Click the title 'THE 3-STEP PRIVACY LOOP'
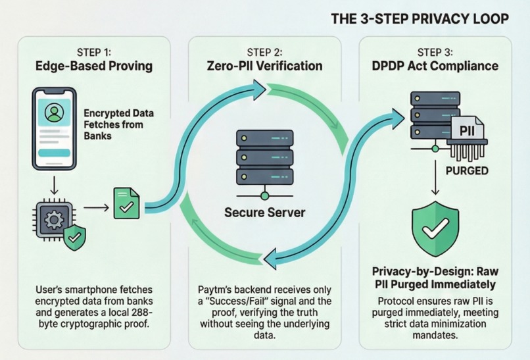point(420,18)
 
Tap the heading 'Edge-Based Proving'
point(94,66)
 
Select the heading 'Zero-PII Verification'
point(264,66)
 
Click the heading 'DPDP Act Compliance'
point(435,66)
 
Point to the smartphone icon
point(54,128)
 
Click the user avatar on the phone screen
point(54,113)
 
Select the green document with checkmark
point(126,203)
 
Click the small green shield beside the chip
point(75,238)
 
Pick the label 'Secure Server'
point(264,212)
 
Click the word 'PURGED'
point(467,170)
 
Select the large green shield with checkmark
point(435,229)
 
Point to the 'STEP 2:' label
point(264,53)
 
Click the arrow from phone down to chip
point(54,185)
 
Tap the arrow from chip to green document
point(96,207)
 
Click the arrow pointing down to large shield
point(435,177)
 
